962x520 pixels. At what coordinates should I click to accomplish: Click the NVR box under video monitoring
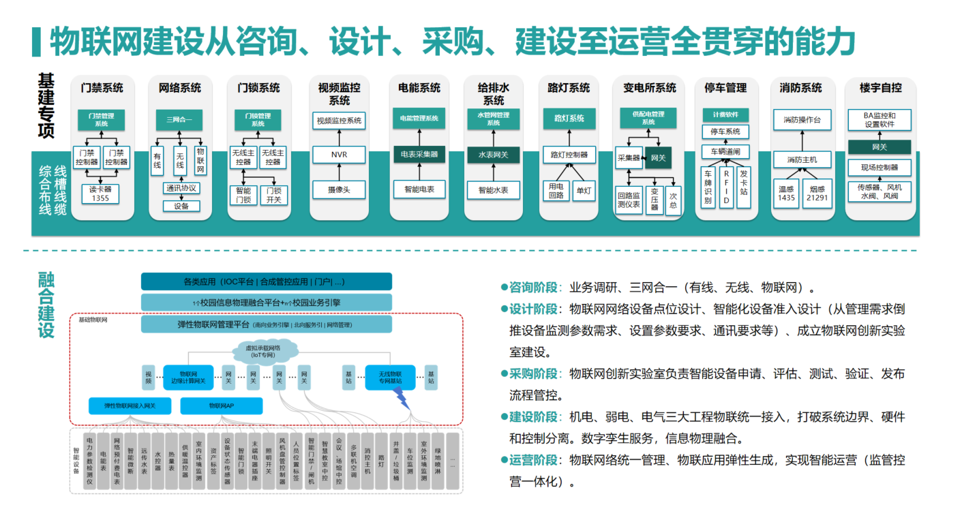pos(339,155)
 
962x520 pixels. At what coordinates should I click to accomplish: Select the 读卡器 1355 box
pos(100,194)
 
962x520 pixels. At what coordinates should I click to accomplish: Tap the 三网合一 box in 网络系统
pos(179,120)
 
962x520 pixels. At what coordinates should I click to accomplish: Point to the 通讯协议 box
pos(181,188)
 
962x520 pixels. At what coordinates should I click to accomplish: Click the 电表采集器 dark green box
pos(419,155)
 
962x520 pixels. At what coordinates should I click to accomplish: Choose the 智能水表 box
pos(493,190)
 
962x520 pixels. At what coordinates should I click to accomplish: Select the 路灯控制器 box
pos(569,155)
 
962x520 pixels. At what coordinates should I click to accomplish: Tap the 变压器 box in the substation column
pos(655,200)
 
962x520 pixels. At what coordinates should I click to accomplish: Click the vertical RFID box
pos(726,187)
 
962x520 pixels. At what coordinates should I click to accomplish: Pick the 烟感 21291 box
pos(817,193)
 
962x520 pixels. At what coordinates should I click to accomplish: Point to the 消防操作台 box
pos(802,120)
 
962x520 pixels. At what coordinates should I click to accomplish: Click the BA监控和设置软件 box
pos(879,120)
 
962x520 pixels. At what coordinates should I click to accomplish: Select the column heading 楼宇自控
pos(880,88)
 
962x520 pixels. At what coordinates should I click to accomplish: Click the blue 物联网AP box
pos(221,406)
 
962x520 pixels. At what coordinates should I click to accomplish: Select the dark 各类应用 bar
pos(266,281)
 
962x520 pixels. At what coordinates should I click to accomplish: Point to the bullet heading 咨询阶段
pos(533,287)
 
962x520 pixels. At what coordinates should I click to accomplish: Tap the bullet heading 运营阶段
pos(533,460)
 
